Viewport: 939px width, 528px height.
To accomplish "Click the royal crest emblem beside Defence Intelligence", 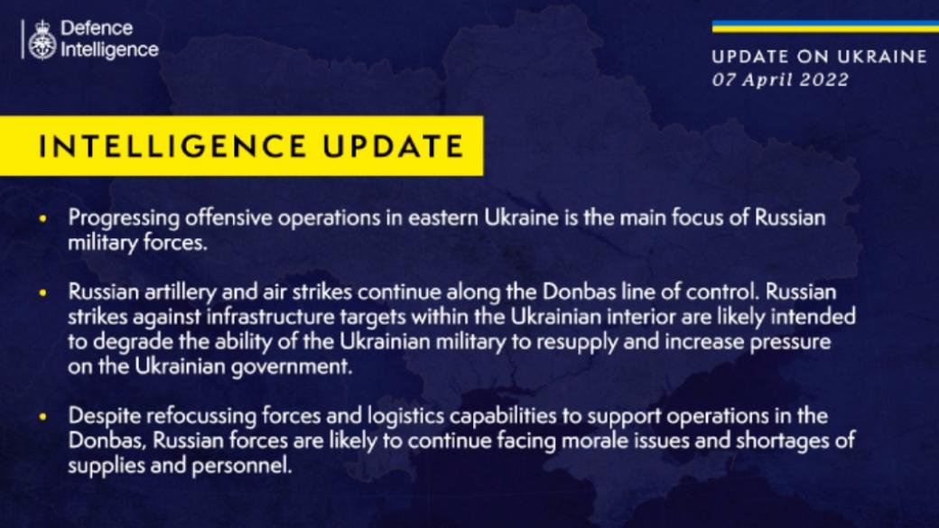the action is [x=42, y=40].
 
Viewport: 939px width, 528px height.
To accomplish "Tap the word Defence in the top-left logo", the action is [x=97, y=28].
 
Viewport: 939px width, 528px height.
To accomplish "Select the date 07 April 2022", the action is [x=780, y=79].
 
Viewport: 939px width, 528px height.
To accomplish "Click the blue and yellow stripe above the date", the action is [x=825, y=27].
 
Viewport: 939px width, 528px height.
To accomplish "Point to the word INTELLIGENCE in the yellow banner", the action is [x=172, y=146].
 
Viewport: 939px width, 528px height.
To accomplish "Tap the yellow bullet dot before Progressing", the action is [x=42, y=218].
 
